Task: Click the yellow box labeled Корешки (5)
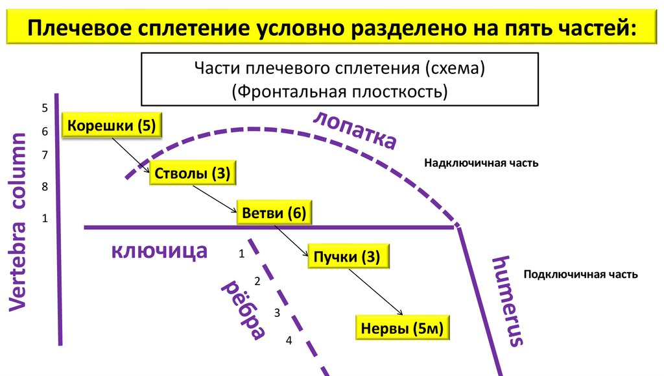112,125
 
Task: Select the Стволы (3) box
193,173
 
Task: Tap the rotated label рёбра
244,311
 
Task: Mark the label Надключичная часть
481,163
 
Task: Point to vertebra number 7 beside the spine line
45,155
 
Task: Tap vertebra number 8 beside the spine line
45,187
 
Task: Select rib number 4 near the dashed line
289,341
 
